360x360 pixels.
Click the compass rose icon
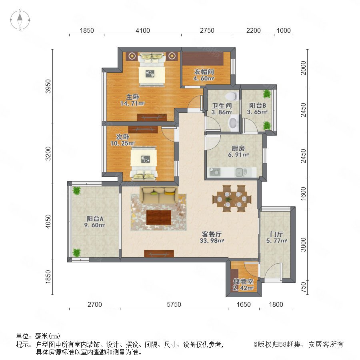20,20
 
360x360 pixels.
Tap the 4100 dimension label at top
142,30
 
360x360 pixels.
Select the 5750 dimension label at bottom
174,304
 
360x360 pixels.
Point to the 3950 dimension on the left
48,86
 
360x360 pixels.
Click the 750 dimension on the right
303,287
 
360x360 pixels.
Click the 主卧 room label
132,97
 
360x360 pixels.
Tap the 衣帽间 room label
204,72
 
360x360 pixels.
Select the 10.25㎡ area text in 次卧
122,144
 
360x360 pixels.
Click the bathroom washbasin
233,123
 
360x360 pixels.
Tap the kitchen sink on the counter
241,172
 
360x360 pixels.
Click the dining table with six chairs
232,198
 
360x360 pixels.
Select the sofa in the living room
159,195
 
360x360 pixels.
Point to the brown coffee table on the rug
159,218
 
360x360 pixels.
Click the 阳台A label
95,218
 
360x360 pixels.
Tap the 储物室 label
243,282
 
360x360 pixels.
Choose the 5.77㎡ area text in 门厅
276,241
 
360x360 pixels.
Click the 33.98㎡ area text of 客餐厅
212,241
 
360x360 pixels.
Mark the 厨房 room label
238,148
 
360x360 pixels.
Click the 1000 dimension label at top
284,30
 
